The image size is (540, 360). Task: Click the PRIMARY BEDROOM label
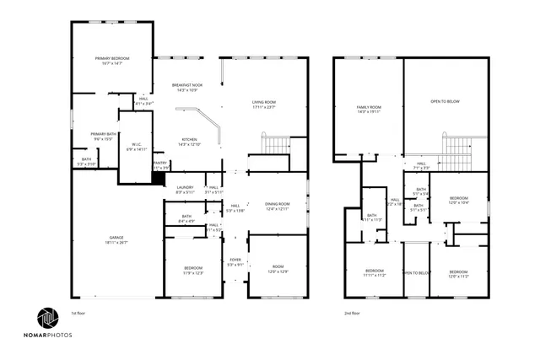point(111,58)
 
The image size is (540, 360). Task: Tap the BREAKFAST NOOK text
point(187,85)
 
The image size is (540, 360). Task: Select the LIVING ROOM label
point(264,102)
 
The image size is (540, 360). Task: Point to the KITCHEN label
point(189,139)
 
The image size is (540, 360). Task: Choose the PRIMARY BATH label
point(105,134)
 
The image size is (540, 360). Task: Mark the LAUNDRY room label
point(186,187)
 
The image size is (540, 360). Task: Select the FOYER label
point(235,260)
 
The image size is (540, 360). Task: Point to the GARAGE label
point(116,238)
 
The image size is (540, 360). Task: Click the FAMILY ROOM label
point(369,107)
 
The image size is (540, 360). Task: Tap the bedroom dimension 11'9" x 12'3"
point(193,273)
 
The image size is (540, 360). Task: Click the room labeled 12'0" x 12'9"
point(278,272)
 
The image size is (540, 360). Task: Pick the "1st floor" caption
point(78,313)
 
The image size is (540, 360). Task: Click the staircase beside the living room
point(275,144)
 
